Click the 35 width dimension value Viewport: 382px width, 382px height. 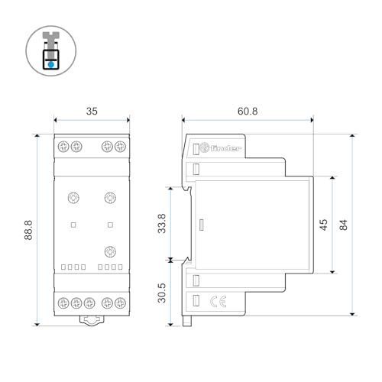point(92,111)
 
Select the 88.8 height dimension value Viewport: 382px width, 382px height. point(28,230)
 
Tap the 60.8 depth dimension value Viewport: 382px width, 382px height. point(248,111)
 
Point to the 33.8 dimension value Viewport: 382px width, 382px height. point(161,223)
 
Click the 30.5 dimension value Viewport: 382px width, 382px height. point(161,293)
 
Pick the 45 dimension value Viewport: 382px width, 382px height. point(323,225)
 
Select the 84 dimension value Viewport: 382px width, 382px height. point(343,225)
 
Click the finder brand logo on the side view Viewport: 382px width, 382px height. point(228,147)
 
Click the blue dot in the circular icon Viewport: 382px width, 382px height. point(50,65)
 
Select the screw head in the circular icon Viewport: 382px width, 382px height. point(50,36)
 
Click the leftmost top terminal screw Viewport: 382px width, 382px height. point(63,147)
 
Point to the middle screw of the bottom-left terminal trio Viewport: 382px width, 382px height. point(76,301)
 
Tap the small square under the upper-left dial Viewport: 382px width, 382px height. point(73,225)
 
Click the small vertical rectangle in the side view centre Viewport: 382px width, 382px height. point(200,225)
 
